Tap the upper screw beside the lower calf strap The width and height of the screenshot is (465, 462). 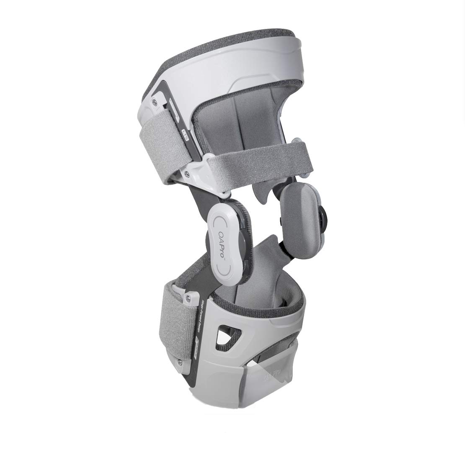(187, 298)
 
